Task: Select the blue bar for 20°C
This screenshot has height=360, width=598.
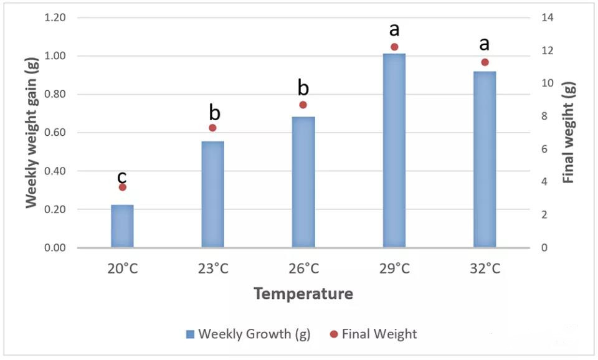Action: coord(122,226)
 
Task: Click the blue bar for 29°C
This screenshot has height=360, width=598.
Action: coord(394,151)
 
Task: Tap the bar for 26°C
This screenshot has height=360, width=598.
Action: coord(303,182)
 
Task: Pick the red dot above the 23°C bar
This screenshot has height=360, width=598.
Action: coord(212,128)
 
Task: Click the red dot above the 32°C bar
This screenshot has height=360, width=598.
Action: coord(485,62)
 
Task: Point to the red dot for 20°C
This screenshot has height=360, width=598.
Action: coord(122,187)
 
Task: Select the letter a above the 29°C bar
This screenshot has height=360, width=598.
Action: coord(394,29)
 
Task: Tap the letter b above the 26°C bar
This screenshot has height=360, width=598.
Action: coord(303,87)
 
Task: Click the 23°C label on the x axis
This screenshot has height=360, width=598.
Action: coord(212,269)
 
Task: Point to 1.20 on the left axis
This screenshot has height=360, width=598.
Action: coord(55,17)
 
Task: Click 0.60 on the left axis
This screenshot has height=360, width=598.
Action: coord(55,133)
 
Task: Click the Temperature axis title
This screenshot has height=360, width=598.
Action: coord(303,293)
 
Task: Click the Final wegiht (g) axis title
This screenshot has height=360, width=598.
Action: coord(568,133)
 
